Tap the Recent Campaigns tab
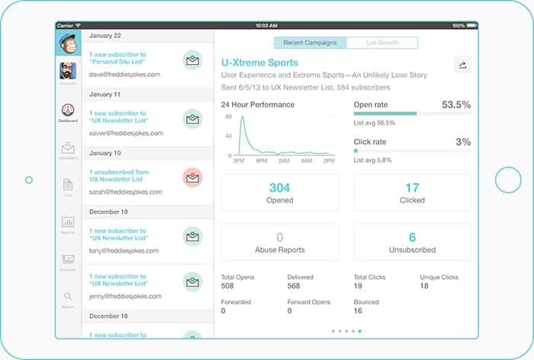point(310,43)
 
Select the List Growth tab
point(381,43)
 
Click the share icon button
point(462,66)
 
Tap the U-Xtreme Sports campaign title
point(259,63)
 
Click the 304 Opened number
point(280,188)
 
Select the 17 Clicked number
point(412,188)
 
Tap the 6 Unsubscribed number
point(412,237)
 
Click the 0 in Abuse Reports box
point(280,237)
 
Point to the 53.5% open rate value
point(456,104)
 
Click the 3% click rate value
point(463,142)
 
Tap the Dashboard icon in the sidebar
point(68,111)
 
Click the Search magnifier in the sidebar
point(68,297)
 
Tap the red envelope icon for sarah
point(192,178)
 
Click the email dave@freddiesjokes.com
point(124,75)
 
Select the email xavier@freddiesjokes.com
point(126,133)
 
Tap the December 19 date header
point(109,211)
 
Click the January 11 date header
point(106,95)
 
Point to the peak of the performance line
point(242,117)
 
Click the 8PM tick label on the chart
point(261,162)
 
